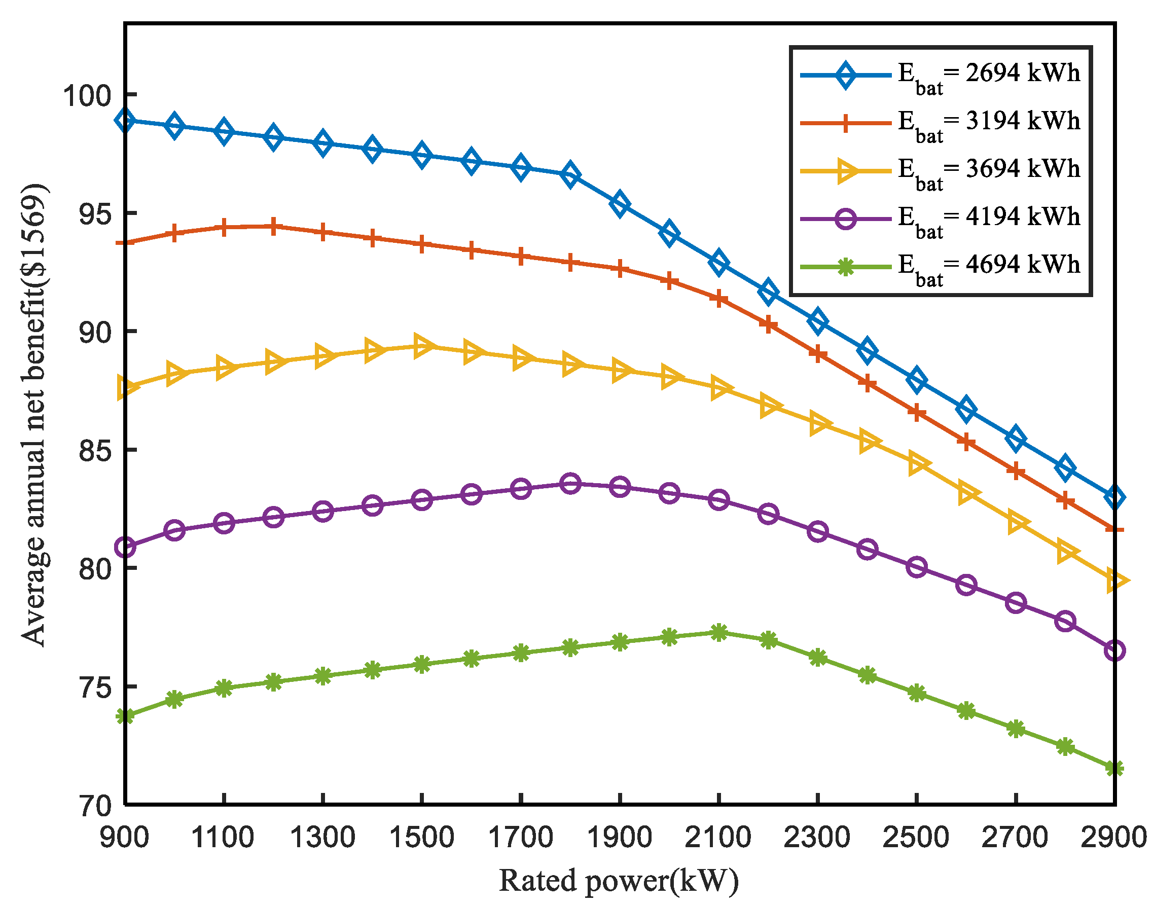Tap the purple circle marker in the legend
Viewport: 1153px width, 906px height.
click(845, 218)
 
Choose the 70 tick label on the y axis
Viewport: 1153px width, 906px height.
click(94, 805)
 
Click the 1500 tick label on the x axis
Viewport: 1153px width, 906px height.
click(422, 837)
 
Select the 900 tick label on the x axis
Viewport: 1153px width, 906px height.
click(125, 837)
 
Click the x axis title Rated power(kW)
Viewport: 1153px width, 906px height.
click(619, 881)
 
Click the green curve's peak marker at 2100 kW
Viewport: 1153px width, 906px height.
click(718, 632)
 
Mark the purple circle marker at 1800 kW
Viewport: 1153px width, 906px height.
click(570, 484)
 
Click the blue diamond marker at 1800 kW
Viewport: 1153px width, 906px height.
click(570, 174)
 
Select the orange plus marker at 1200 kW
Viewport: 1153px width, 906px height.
click(273, 227)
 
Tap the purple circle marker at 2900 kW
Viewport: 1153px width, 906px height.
click(1114, 650)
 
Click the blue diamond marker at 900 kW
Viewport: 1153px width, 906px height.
click(125, 120)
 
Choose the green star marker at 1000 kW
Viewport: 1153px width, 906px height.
click(174, 699)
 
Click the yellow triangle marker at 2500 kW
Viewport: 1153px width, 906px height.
click(918, 463)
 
